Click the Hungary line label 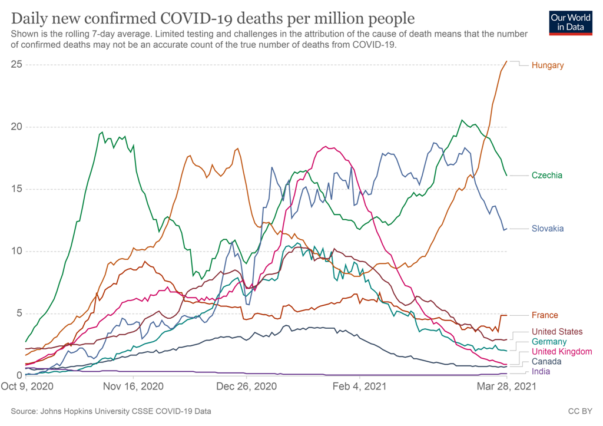(547, 65)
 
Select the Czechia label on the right (546, 176)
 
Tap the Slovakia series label (548, 229)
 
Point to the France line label (545, 315)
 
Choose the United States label (557, 332)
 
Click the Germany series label (549, 342)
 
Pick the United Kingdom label (562, 352)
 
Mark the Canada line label (546, 362)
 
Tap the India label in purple (541, 372)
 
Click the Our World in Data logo (570, 22)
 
